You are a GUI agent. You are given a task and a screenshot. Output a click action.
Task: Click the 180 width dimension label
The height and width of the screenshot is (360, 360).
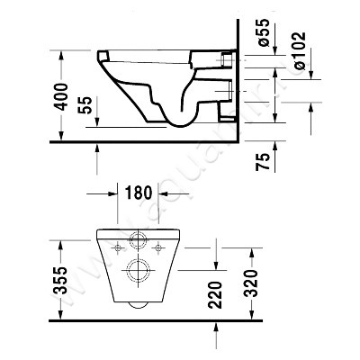click(138, 193)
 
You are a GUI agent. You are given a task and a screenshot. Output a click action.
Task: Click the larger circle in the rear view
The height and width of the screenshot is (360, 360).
click(139, 270)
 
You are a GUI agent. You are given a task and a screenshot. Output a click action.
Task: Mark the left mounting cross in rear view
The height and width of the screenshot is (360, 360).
click(119, 245)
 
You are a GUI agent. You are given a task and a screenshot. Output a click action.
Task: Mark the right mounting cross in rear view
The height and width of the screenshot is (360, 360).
click(158, 245)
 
